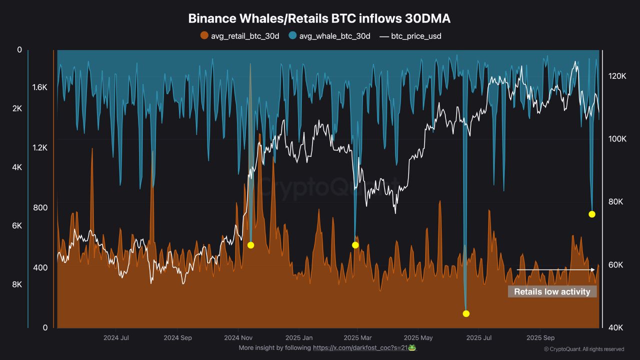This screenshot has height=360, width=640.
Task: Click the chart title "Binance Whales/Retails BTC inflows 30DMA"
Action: coord(319,18)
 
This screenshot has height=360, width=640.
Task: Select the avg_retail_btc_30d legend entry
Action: coord(239,36)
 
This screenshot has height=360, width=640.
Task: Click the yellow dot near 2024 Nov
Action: coord(250,245)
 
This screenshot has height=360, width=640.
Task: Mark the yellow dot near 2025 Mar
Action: coord(355,245)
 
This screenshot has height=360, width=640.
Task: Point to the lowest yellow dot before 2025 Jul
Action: coord(466,313)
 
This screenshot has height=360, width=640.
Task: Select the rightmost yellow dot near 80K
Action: coord(591,214)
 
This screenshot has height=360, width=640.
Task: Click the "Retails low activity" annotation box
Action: coord(552,291)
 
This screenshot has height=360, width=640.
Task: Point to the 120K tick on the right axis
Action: coord(617,76)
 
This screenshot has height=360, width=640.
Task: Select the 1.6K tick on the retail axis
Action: coord(39,87)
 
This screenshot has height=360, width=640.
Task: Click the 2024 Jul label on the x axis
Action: coord(116,337)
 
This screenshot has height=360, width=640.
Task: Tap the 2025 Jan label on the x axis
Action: coord(300,337)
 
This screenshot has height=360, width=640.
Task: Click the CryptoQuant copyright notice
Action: coord(583,349)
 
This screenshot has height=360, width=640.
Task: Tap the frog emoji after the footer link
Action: coord(412,347)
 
